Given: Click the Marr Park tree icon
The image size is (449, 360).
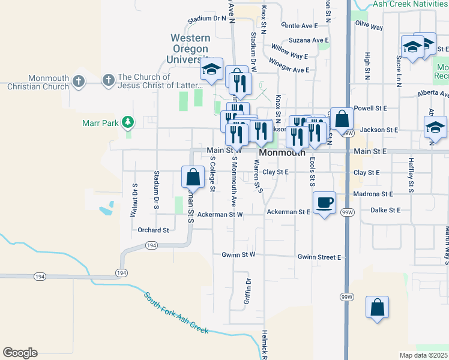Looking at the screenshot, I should (x=127, y=123).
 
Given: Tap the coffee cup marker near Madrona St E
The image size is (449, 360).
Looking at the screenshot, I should (x=324, y=202).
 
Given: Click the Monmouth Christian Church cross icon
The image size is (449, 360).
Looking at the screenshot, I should (x=79, y=81).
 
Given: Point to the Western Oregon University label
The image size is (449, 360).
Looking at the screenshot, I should (x=189, y=49).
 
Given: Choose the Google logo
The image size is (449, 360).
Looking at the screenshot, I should (x=20, y=353).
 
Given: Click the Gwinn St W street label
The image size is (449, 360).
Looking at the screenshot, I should (x=238, y=255).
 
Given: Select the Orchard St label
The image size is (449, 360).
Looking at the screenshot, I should (x=153, y=230).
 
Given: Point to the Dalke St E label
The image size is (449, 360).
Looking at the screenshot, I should (x=385, y=211).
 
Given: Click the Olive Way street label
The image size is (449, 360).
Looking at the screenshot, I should (x=369, y=27).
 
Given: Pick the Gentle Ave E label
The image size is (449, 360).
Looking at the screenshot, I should (x=299, y=26).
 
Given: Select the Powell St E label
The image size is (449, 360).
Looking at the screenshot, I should (x=371, y=108).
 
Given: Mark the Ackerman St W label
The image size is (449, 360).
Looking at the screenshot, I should (x=220, y=214).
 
